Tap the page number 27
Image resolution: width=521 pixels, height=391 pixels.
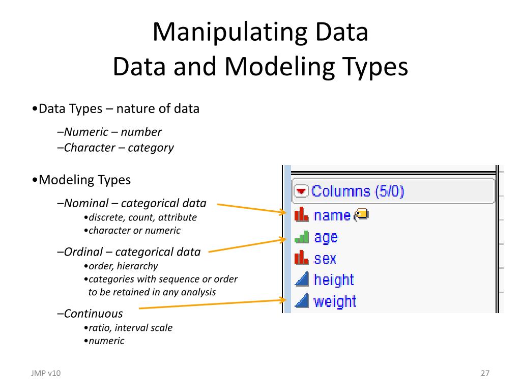point(485,373)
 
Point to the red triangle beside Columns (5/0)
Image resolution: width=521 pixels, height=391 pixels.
point(302,191)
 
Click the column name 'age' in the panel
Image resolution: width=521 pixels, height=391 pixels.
point(326,237)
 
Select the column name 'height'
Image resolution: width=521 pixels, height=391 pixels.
point(334,280)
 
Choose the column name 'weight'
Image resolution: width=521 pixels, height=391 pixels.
point(335,301)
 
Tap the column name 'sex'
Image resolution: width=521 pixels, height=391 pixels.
point(325,259)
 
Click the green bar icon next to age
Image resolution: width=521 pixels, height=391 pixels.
point(302,237)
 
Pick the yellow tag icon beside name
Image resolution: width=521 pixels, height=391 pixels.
point(361,215)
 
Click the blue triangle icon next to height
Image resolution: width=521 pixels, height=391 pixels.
point(302,280)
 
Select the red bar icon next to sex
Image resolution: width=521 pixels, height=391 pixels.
point(302,258)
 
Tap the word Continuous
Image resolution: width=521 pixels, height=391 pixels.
point(94,314)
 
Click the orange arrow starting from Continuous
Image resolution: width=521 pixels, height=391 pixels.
point(209,304)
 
